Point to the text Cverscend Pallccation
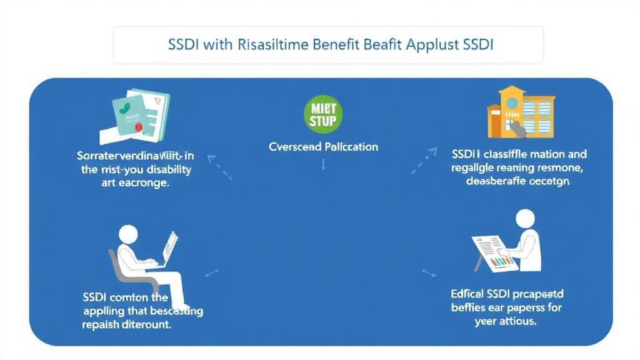[x=323, y=147]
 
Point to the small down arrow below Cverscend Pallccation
[x=323, y=164]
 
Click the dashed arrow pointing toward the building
[x=425, y=161]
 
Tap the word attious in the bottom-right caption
[x=516, y=322]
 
